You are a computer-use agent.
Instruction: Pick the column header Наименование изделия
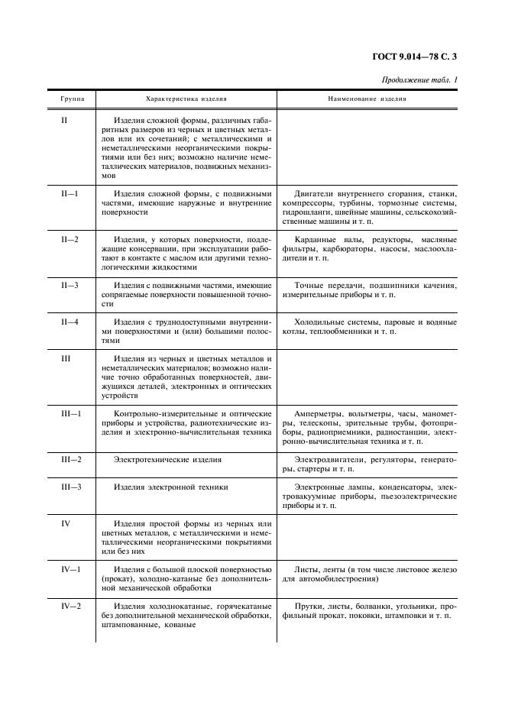click(x=367, y=99)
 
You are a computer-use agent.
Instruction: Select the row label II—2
click(x=70, y=239)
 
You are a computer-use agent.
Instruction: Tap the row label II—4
click(x=70, y=322)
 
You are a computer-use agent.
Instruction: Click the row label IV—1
click(x=70, y=569)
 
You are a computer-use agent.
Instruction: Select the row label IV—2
click(x=70, y=606)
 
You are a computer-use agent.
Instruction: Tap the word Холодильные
click(x=324, y=322)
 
